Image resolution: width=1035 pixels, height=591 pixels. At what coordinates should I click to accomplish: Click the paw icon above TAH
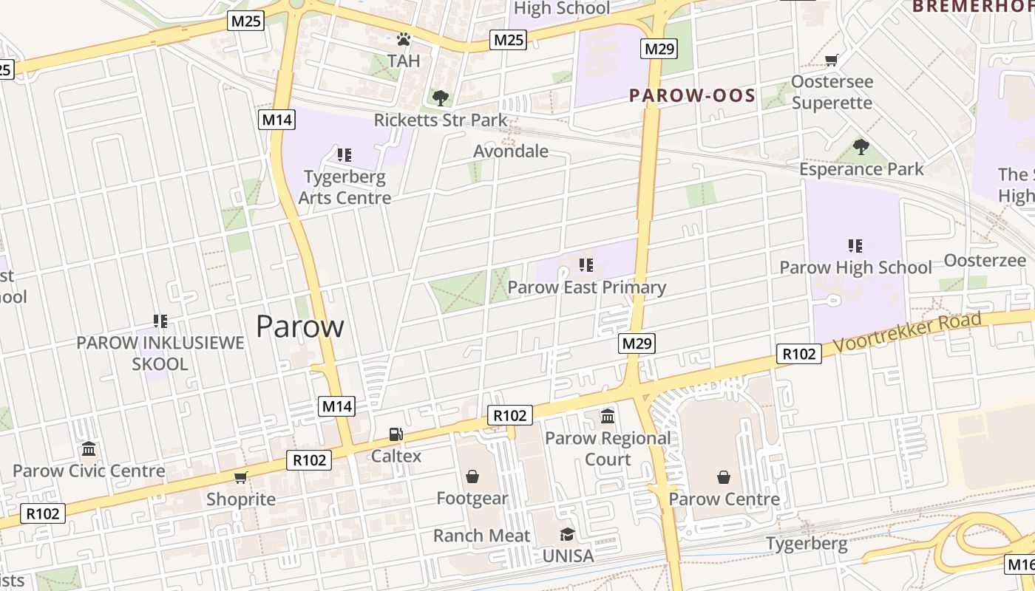[x=404, y=39]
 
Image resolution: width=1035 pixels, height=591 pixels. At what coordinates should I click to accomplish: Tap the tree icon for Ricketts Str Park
[x=441, y=98]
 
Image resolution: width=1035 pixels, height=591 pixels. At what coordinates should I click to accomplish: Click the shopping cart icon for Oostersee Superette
[x=832, y=60]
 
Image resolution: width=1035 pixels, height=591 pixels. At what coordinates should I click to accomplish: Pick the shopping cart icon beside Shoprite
[x=240, y=477]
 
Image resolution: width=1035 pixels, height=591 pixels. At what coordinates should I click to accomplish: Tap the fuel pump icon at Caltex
[x=396, y=434]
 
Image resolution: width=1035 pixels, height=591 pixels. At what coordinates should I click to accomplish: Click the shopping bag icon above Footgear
[x=472, y=476]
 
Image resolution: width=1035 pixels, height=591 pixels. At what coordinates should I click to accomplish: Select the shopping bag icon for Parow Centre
[x=724, y=477]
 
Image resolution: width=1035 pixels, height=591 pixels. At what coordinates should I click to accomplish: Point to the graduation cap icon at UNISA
[x=567, y=534]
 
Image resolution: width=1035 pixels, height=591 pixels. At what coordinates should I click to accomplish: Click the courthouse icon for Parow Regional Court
[x=608, y=417]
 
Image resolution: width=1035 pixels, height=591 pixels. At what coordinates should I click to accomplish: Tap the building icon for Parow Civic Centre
[x=89, y=449]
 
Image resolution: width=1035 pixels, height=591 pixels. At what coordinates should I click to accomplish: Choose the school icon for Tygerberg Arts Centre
[x=344, y=155]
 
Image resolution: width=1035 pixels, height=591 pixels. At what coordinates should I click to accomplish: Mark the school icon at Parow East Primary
[x=587, y=265]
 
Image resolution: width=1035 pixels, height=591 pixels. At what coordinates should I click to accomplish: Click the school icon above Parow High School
[x=855, y=245]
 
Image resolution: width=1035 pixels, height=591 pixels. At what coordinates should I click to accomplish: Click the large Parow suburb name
[x=300, y=327]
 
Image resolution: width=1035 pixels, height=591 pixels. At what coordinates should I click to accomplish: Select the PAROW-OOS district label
[x=692, y=95]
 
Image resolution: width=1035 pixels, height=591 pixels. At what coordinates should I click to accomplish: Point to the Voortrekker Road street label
[x=908, y=332]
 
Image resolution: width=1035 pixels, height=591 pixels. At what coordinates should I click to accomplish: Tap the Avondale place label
[x=511, y=151]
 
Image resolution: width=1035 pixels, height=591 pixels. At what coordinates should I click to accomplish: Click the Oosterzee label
[x=985, y=260]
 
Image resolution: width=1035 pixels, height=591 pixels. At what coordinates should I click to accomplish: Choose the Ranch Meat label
[x=482, y=536]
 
